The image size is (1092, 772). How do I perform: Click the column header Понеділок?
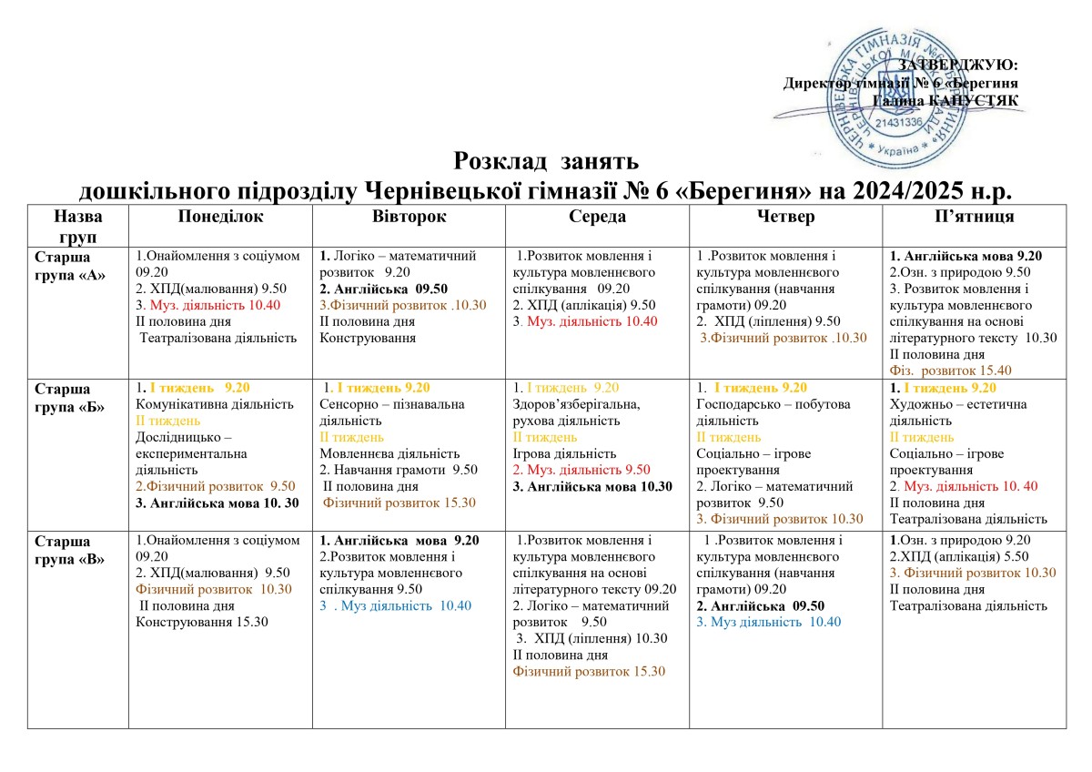tap(220, 217)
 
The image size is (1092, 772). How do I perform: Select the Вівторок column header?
tap(409, 217)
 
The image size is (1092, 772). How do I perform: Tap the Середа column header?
tap(597, 217)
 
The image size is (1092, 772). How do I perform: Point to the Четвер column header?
tap(785, 217)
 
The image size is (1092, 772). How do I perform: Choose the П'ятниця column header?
tap(974, 217)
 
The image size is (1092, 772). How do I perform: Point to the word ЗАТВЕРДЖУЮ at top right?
tap(957, 65)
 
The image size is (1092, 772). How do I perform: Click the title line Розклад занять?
tap(534, 162)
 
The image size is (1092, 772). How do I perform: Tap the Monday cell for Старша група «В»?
tap(220, 628)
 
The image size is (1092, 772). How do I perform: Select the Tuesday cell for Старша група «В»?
tap(409, 628)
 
